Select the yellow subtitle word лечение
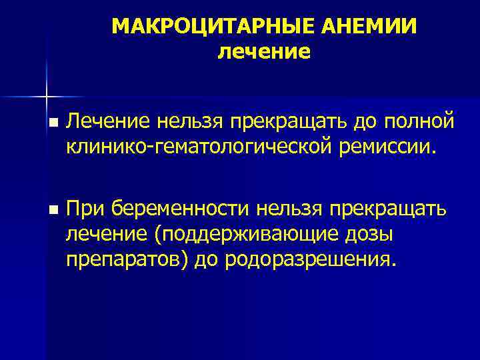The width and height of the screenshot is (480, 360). pyautogui.click(x=264, y=51)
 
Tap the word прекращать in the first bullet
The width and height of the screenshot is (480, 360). pyautogui.click(x=298, y=121)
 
